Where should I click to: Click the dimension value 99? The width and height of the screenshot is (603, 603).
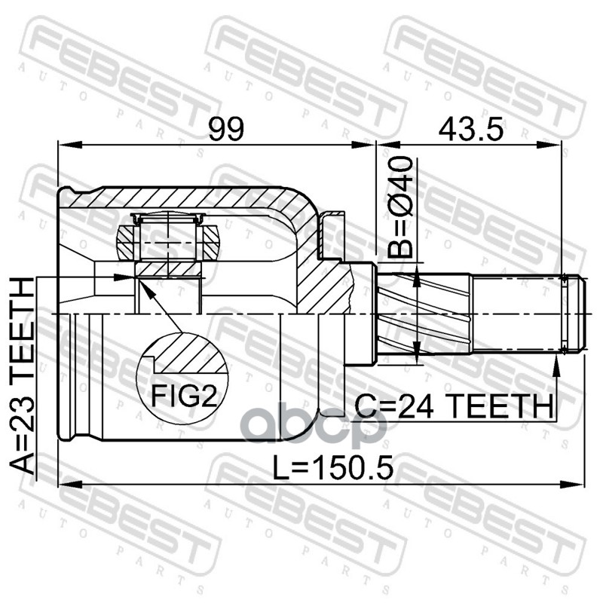point(226,129)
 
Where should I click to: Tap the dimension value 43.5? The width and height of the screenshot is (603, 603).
point(470,129)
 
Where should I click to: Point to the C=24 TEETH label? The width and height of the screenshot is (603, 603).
point(454,406)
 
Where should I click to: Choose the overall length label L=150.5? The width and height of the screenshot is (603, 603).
point(333,467)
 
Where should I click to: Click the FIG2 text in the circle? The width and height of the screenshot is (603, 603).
point(184,396)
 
